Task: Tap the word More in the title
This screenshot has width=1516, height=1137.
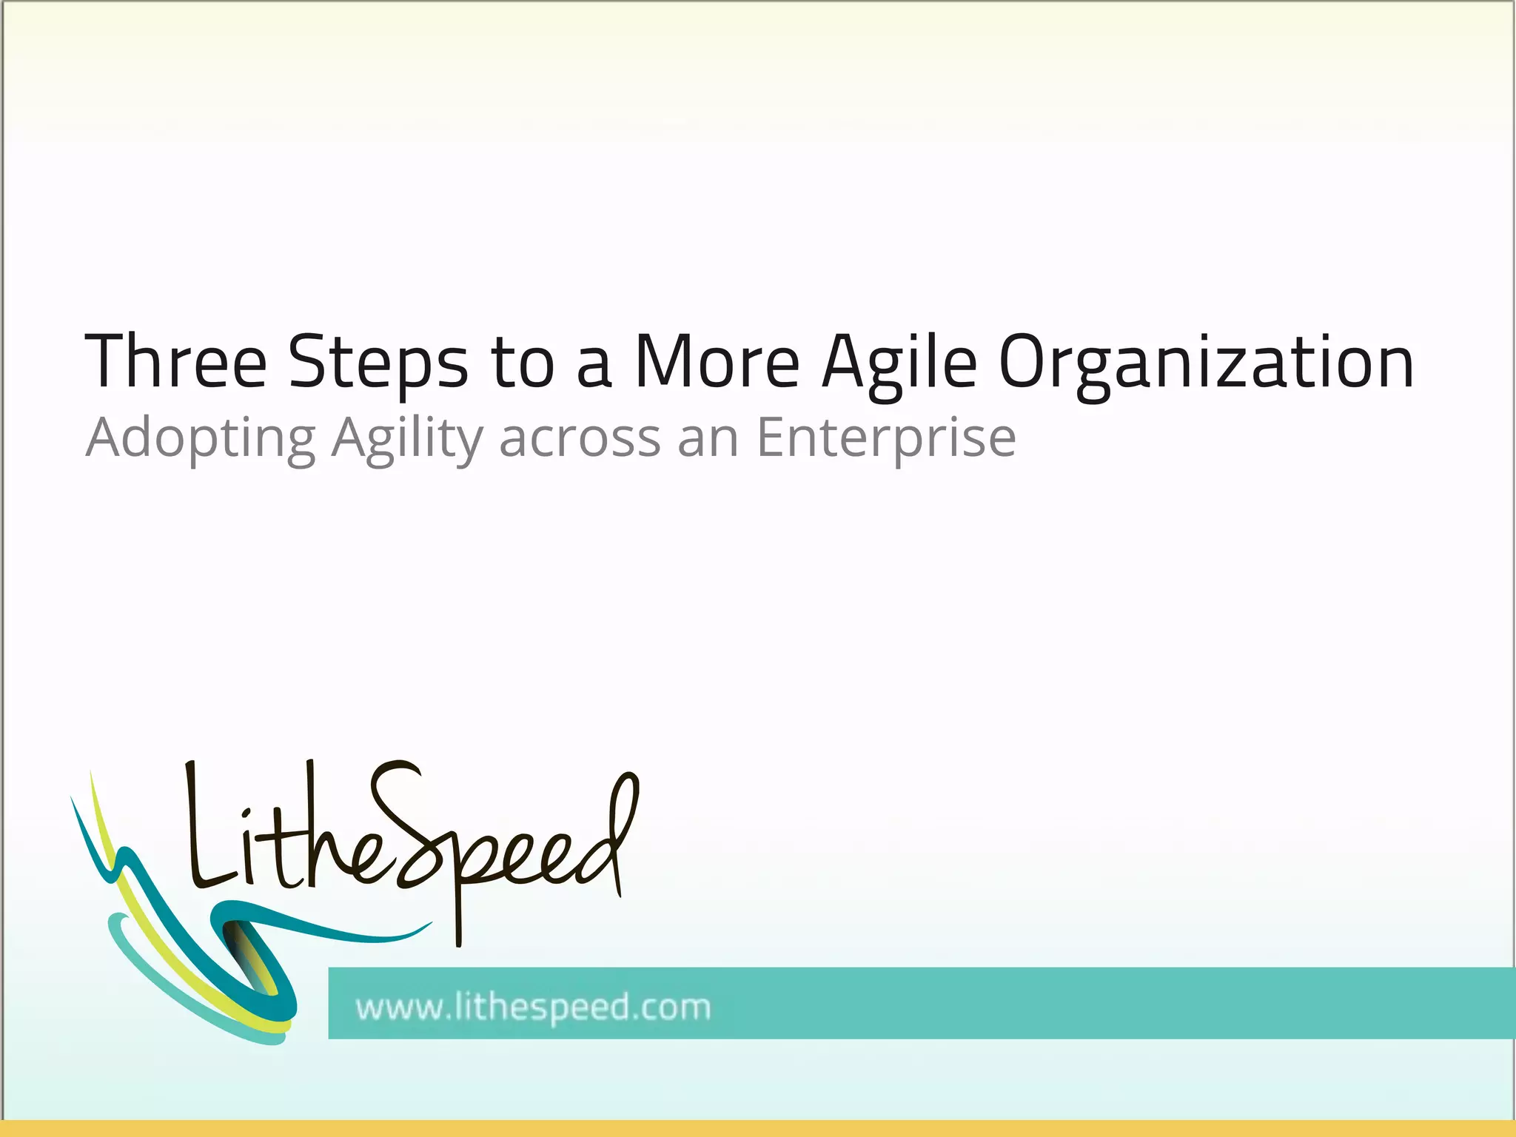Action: tap(717, 361)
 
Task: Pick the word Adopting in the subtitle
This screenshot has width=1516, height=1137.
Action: tap(201, 439)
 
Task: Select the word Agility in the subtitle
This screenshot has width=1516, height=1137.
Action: tap(407, 439)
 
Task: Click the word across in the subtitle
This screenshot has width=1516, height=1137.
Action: tap(580, 439)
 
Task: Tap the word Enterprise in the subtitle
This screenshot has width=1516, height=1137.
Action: tap(885, 439)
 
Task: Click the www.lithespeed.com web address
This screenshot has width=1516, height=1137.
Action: tap(533, 1007)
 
